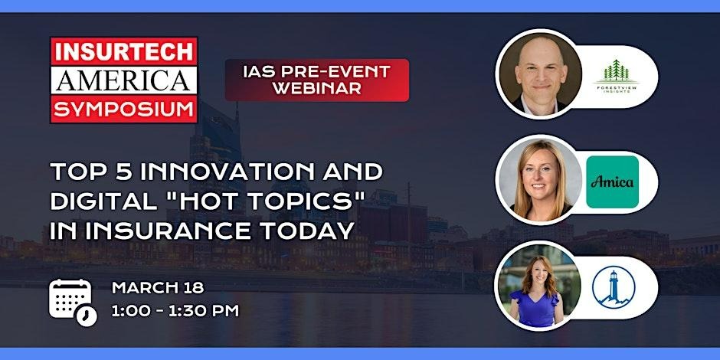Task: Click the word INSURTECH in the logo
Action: click(123, 52)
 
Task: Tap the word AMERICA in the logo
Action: click(123, 81)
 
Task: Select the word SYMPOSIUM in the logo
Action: click(123, 110)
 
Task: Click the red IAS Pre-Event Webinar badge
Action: click(317, 80)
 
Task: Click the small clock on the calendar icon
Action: click(87, 316)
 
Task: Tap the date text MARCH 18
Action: click(158, 288)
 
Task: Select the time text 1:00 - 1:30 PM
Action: click(175, 311)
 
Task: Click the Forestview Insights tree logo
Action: click(617, 77)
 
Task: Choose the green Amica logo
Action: click(612, 182)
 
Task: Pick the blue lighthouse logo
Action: click(614, 287)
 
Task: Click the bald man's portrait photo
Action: click(539, 74)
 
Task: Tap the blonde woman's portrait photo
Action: click(539, 180)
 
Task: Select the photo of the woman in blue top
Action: click(538, 286)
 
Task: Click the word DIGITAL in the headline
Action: click(103, 201)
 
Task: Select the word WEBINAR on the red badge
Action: click(317, 88)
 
